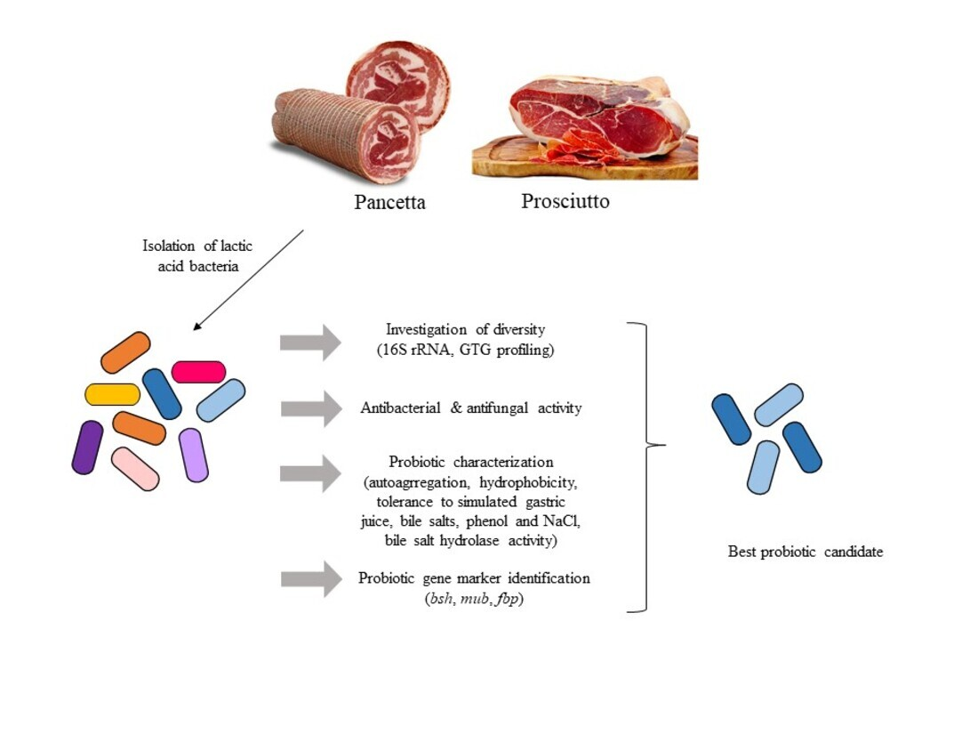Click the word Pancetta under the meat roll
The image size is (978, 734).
coord(389,203)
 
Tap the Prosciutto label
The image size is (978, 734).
coord(565,202)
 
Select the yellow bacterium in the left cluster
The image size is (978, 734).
coord(112,394)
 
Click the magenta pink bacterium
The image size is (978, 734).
coord(198,372)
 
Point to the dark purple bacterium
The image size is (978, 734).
coord(87,447)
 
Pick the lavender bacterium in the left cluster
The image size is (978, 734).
coord(194,455)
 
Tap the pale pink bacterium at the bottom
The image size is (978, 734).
coord(135,469)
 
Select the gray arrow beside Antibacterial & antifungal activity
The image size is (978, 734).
coord(310,408)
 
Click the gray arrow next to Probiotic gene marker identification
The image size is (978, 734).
coord(310,579)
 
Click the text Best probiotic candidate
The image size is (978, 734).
coord(805,553)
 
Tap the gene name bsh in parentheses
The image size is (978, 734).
coord(441,598)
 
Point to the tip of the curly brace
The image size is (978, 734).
coord(661,445)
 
